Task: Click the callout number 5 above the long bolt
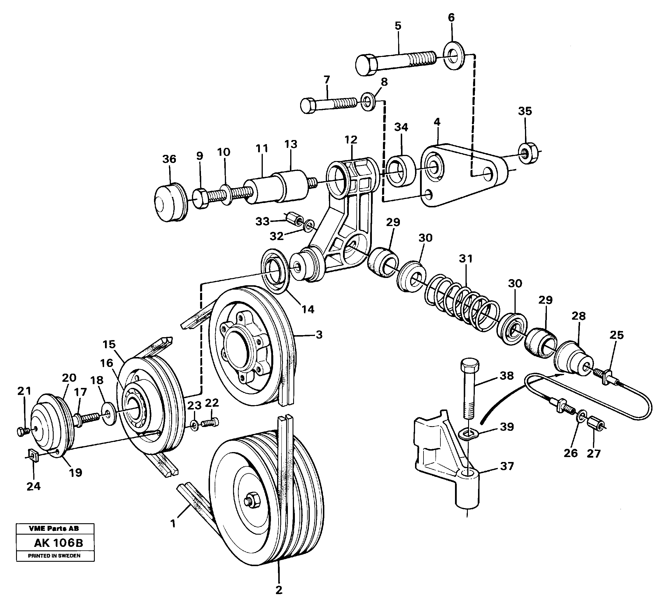pos(398,26)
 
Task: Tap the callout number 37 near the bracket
pos(507,466)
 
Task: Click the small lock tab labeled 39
pos(469,434)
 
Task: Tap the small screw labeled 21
pos(22,430)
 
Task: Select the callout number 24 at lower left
pos(33,486)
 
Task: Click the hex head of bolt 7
pos(308,106)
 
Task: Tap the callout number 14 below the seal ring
pos(307,309)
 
